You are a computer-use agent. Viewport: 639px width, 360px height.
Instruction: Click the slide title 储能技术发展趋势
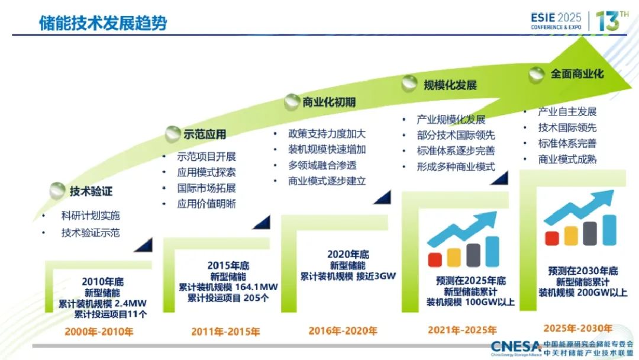coord(103,23)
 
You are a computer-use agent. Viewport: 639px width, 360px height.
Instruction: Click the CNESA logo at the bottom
coord(517,347)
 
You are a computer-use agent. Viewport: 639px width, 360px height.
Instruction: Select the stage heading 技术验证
coord(91,191)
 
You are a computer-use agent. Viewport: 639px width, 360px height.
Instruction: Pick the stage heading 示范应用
coord(205,134)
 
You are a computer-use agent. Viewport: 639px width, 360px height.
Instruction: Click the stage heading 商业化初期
coord(329,102)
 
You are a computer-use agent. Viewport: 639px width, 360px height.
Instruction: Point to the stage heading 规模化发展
coord(450,85)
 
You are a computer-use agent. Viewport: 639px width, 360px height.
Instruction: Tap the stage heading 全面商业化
coord(577,74)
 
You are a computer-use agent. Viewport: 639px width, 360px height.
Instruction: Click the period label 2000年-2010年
coord(99,332)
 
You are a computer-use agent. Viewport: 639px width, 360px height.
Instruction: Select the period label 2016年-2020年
coord(343,330)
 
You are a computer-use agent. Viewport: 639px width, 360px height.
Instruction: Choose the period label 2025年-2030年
coord(578,328)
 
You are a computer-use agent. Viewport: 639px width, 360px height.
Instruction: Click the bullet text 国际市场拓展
coord(206,188)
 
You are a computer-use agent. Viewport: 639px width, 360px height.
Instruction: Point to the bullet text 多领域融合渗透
coord(322,165)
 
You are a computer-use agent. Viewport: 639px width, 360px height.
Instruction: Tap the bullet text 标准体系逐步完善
coord(456,151)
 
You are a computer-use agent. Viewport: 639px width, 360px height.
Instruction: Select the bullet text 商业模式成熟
coord(567,159)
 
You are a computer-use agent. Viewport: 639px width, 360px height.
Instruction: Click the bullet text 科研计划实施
coord(91,216)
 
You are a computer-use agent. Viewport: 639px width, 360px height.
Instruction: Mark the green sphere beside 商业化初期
coord(292,102)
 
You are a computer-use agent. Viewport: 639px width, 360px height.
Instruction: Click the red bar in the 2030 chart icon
coord(552,238)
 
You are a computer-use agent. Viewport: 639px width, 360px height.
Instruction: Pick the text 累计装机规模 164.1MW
coord(228,287)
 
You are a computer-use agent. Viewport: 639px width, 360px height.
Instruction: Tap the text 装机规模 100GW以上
coord(470,302)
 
